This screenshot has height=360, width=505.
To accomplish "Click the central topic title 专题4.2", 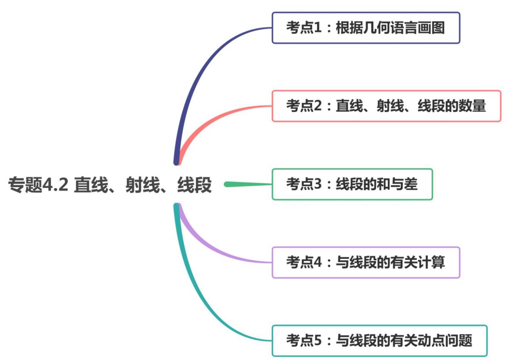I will (110, 185).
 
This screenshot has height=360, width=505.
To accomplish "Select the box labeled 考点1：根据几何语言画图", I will (366, 28).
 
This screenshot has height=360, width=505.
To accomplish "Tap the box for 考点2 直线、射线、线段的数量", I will (386, 106).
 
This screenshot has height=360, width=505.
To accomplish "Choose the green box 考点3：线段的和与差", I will (352, 185).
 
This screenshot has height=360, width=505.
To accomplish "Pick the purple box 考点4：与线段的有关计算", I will (366, 263).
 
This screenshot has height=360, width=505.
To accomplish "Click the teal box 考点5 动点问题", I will (379, 341).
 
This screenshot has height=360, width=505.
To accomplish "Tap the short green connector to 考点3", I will (248, 185).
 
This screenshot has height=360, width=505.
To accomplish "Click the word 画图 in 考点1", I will (431, 28).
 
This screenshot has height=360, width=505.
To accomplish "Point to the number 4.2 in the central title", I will (55, 185).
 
